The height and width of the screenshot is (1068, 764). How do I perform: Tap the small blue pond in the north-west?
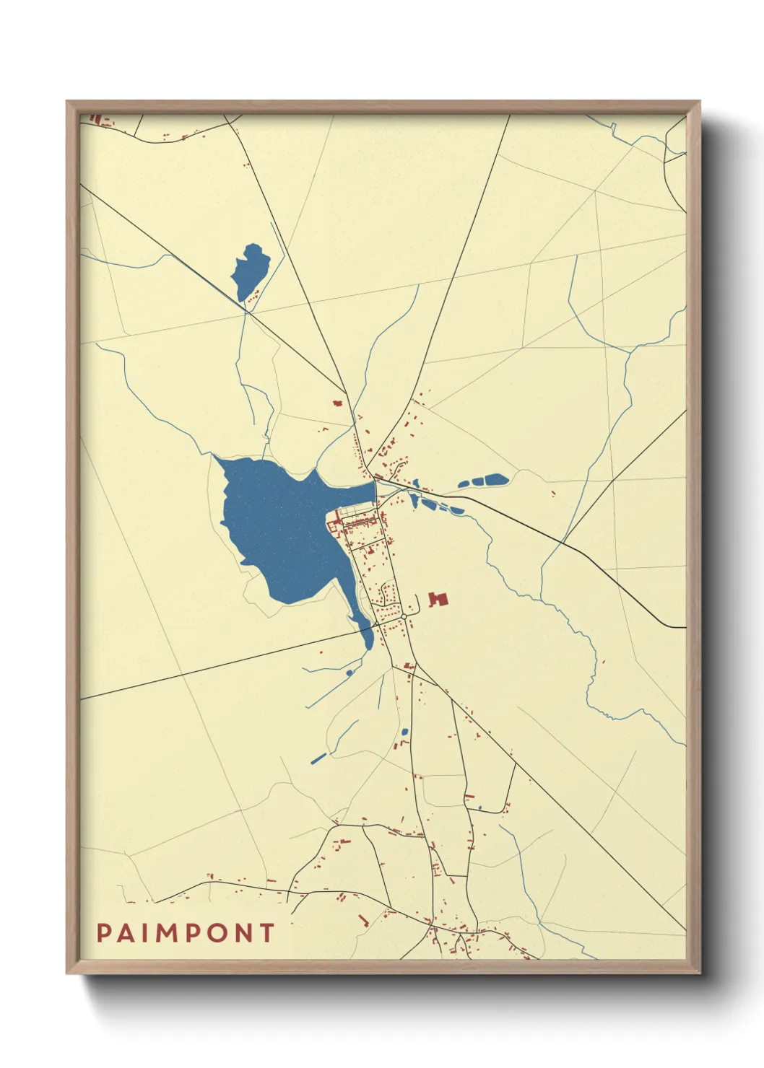250,271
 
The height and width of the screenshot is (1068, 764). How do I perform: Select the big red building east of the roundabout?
438,600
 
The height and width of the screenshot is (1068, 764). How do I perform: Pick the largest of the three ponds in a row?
494,479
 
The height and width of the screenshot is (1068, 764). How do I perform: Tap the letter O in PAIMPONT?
222,933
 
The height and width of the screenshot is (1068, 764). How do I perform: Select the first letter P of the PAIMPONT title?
104,933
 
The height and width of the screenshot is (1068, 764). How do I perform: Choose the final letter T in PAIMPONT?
268,933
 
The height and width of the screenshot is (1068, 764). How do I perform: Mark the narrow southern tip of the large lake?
368,639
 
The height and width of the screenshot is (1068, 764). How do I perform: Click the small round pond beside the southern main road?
404,732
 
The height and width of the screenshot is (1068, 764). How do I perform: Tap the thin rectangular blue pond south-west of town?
318,758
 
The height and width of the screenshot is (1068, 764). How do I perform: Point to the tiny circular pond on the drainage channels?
350,673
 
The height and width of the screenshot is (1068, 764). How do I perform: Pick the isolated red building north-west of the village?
337,403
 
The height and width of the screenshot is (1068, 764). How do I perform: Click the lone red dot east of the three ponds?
554,494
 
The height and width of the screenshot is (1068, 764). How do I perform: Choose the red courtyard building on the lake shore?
336,521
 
